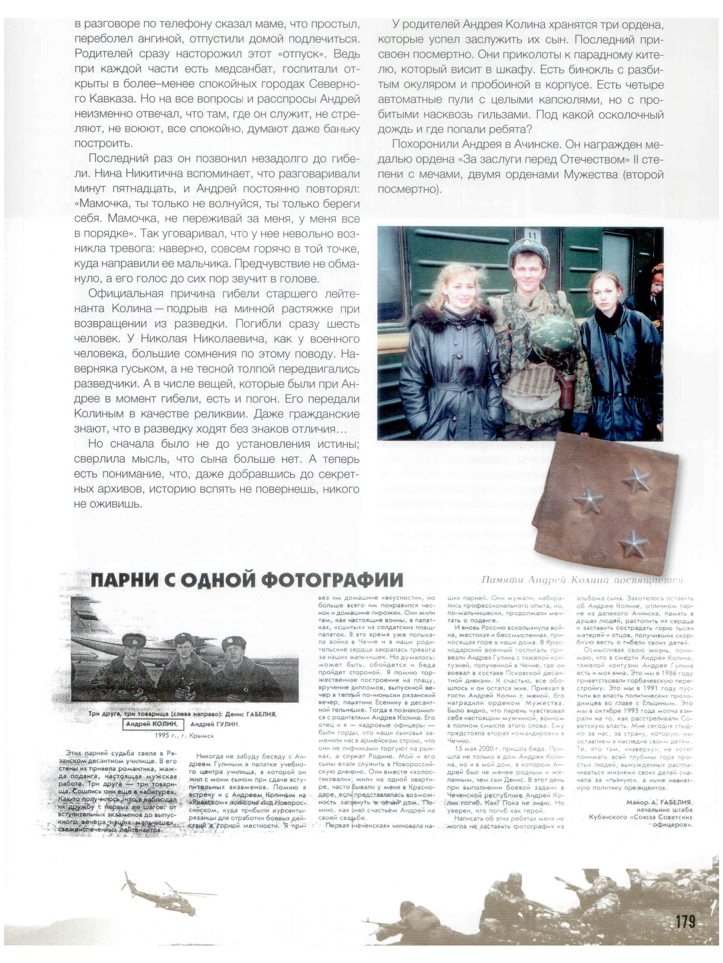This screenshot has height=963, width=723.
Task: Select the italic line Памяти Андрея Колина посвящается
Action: [582, 580]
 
